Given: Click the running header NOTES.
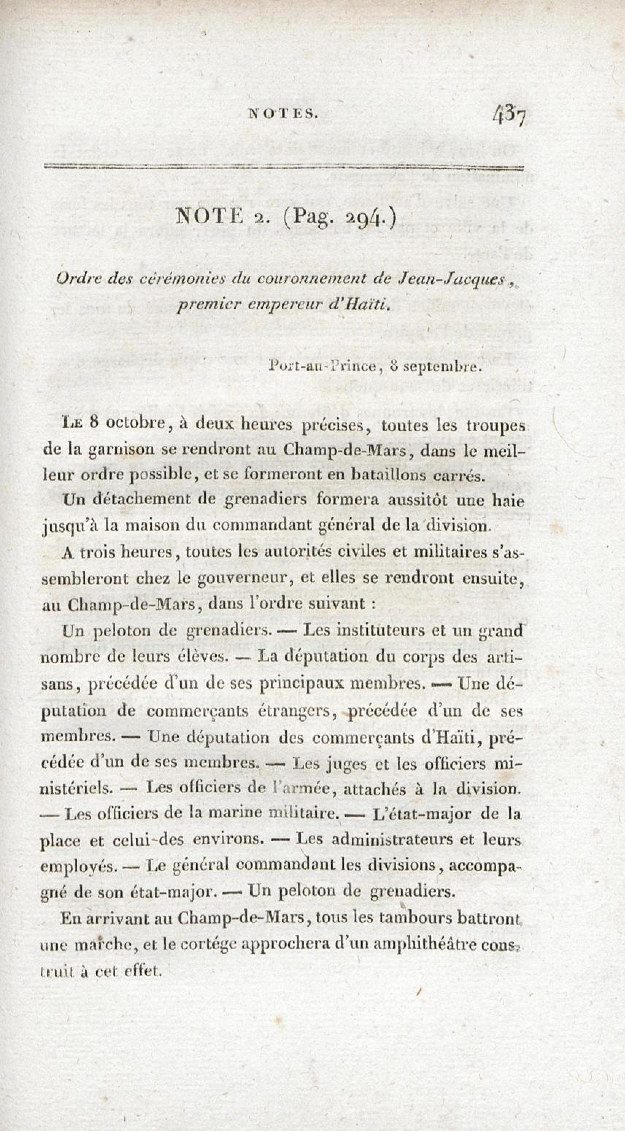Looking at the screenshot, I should click(282, 114).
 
